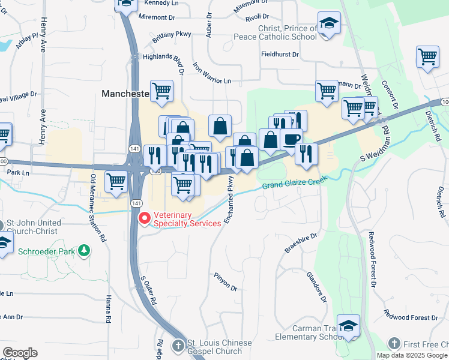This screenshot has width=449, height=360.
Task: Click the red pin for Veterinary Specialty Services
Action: pyautogui.click(x=143, y=218)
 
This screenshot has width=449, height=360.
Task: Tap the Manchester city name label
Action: pyautogui.click(x=125, y=94)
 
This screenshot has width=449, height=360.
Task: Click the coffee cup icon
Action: pyautogui.click(x=292, y=139)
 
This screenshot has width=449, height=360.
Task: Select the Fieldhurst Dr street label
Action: pyautogui.click(x=280, y=54)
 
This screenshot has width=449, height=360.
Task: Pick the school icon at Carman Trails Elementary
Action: pyautogui.click(x=348, y=325)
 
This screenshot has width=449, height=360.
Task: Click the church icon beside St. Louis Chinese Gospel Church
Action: pyautogui.click(x=178, y=346)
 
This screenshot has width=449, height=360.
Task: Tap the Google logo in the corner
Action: pyautogui.click(x=20, y=353)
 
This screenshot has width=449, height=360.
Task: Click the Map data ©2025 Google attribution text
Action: pyautogui.click(x=412, y=355)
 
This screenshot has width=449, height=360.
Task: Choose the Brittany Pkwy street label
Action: pyautogui.click(x=172, y=35)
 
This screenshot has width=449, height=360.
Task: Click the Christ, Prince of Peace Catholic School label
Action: pyautogui.click(x=288, y=32)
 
